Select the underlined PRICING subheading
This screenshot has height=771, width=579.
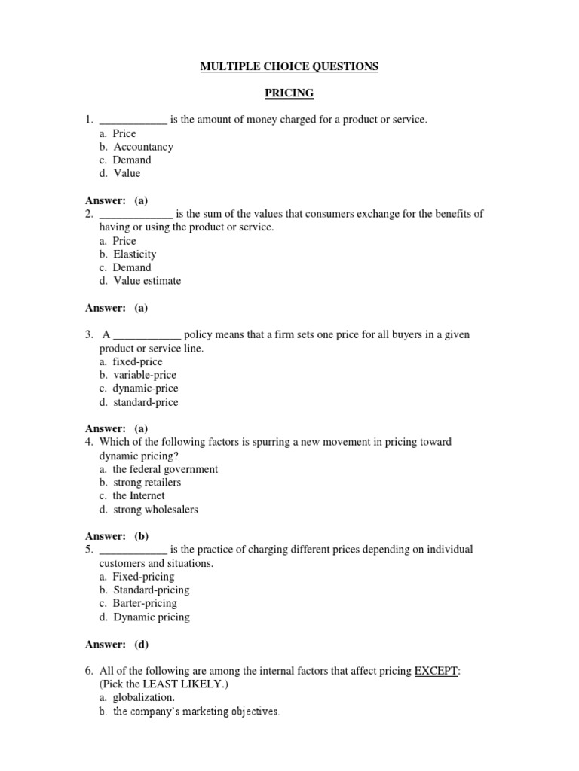coord(289,93)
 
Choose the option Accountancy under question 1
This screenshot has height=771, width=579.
coord(143,147)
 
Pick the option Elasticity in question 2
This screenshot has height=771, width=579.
coord(135,254)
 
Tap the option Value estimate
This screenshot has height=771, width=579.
coord(147,281)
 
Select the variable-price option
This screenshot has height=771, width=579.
coord(145,375)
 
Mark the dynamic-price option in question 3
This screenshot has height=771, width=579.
coord(146,389)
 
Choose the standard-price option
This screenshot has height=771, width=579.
coord(146,402)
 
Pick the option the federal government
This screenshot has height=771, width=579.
coord(165,469)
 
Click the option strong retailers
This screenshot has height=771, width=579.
coord(147,483)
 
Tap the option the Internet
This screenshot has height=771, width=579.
coord(139,496)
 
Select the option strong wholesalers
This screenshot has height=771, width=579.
coord(155,510)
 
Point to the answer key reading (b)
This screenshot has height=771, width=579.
coord(142,536)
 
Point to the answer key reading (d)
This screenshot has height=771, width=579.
coord(142,644)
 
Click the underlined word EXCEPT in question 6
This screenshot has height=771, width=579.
coord(437,671)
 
